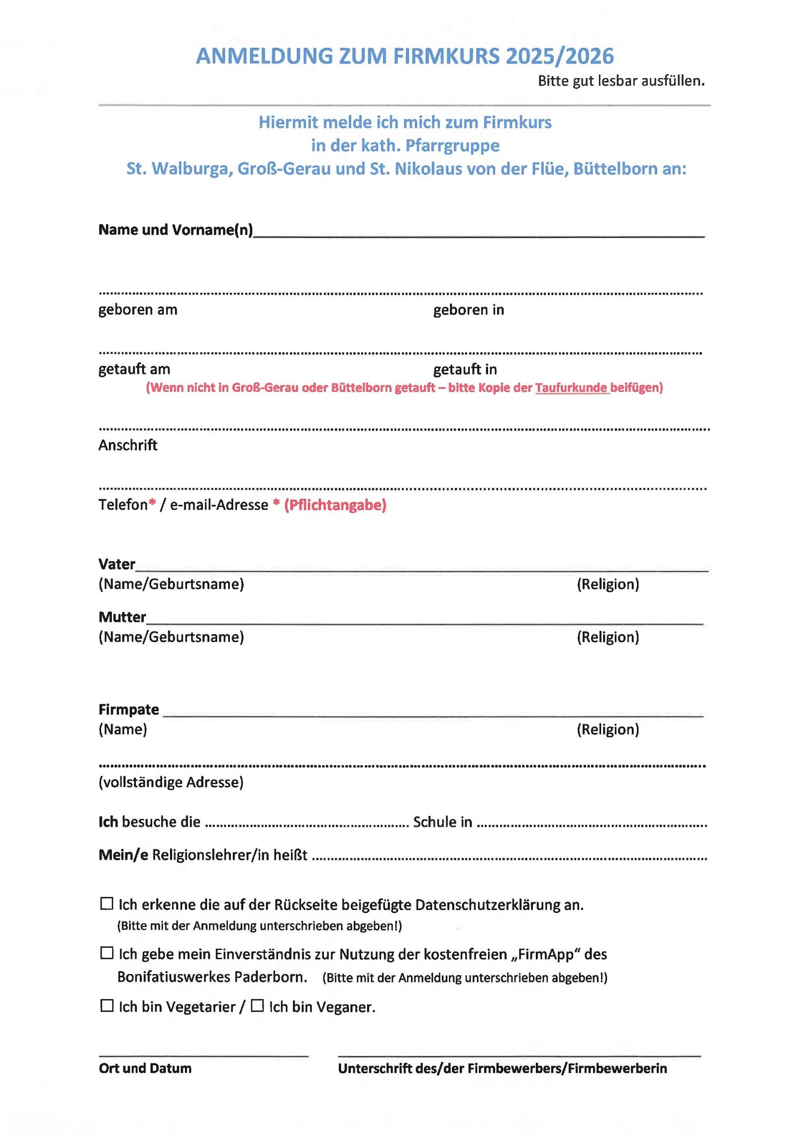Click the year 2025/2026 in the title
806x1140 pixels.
coord(560,56)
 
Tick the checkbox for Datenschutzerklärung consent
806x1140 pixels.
coord(106,904)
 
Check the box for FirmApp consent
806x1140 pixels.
coord(106,953)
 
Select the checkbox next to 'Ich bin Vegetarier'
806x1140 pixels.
coord(106,1006)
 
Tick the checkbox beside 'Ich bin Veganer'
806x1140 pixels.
coord(257,1006)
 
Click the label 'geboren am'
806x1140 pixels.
coord(138,310)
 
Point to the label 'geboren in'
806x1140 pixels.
coord(468,310)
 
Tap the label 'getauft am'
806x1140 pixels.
coord(134,369)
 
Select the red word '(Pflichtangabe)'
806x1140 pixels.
coord(335,505)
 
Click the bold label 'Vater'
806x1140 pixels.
coord(117,564)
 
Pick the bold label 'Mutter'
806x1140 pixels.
coord(122,617)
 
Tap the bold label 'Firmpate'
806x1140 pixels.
coord(129,709)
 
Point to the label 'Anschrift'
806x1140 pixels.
coord(128,445)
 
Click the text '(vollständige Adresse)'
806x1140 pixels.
coord(171,782)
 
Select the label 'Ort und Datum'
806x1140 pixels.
coord(145,1068)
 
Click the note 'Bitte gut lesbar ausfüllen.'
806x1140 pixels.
coord(621,81)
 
